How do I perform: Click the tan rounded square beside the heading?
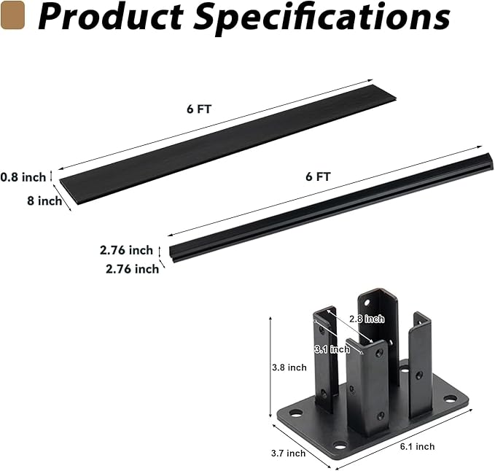pos(12,15)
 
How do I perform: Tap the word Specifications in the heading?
pos(322,18)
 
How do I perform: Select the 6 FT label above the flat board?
pos(199,109)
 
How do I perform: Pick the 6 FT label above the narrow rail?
pos(318,176)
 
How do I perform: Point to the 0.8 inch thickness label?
pos(23,177)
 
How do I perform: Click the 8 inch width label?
pos(44,201)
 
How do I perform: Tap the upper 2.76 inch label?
pos(126,250)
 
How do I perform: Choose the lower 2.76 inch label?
pos(132,269)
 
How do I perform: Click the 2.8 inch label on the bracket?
pos(367,319)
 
